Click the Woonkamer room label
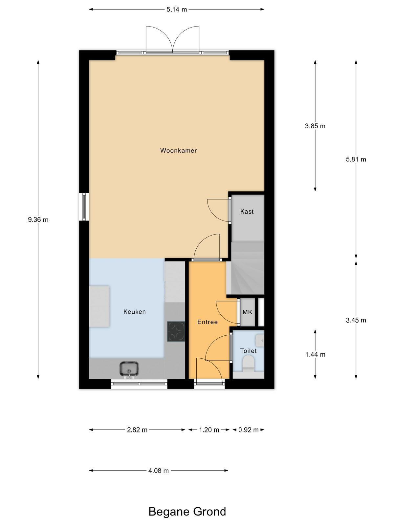coord(179,150)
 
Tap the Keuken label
coord(134,312)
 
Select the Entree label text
coord(208,322)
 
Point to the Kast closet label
coord(247,211)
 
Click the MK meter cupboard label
coord(247,312)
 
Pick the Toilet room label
coord(248,351)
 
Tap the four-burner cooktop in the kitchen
coord(176,331)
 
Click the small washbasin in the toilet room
coord(260,340)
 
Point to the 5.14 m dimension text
coord(177,10)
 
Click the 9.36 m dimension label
coord(38,220)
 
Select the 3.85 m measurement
coord(315,126)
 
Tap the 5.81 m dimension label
coord(356,159)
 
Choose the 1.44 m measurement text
coord(315,354)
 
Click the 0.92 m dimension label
coord(248,430)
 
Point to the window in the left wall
coord(84,207)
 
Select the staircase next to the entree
coord(246,268)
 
